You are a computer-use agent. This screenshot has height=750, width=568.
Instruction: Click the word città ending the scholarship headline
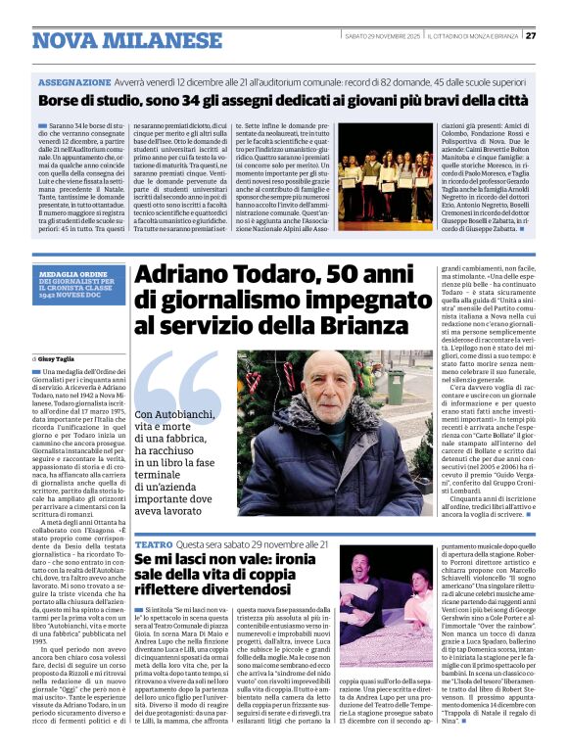[505, 101]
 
